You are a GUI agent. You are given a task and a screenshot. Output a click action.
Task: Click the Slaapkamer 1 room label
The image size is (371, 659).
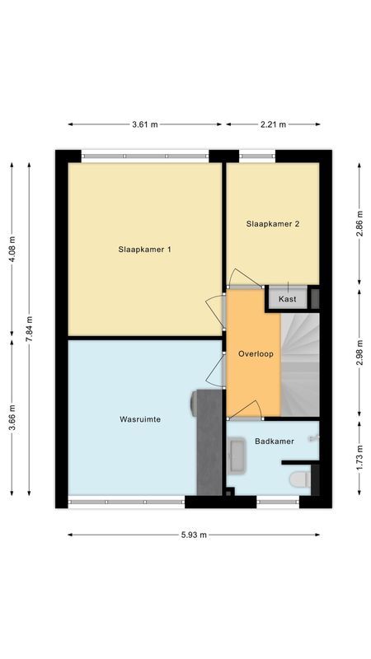point(145,249)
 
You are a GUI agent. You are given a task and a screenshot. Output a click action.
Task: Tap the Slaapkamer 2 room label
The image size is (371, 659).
point(272,223)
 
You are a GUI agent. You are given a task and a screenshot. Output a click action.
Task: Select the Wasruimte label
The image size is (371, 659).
point(139,418)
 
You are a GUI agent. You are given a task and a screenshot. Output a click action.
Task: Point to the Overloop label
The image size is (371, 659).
point(256,353)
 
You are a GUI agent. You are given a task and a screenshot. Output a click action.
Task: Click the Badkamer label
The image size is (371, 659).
point(275,442)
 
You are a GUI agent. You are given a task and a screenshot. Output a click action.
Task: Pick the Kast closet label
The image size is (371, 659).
point(288,298)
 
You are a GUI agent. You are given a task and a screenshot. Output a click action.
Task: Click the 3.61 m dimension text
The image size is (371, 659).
point(145,124)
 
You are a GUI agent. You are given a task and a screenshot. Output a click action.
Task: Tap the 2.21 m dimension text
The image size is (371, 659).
point(272,124)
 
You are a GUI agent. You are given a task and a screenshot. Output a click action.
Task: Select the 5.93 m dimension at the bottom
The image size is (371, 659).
point(194,534)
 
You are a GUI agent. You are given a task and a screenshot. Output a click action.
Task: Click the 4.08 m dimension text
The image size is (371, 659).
point(12,250)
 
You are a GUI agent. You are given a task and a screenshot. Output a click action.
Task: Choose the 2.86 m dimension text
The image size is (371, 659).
point(359,224)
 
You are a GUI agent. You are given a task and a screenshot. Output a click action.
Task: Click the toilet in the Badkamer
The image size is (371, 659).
point(298,479)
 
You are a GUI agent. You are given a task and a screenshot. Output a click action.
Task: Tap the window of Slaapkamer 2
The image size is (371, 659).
point(256,154)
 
